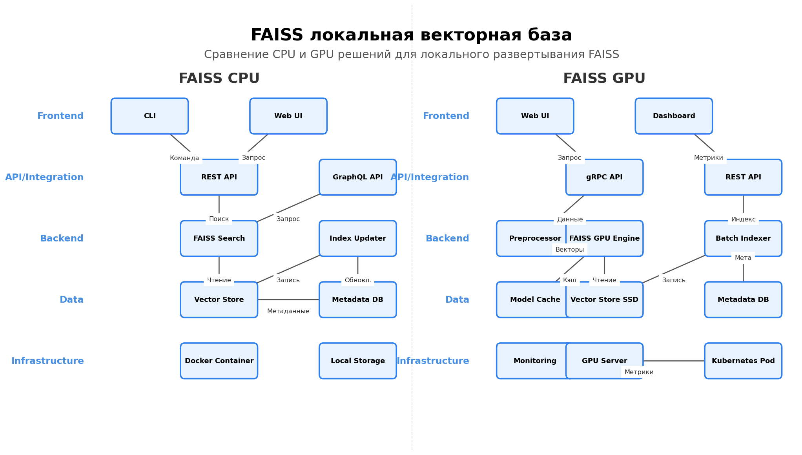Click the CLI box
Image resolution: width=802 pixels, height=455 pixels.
point(149,116)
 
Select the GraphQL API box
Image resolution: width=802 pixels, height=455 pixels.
point(357,177)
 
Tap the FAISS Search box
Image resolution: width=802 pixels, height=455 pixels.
point(219,239)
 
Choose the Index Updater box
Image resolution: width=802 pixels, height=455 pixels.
point(357,239)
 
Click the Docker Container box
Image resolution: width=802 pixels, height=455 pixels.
point(219,361)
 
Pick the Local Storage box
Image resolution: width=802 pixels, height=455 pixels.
point(357,361)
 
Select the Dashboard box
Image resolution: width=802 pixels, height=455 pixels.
point(673,116)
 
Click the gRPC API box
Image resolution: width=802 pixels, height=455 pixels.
point(604,177)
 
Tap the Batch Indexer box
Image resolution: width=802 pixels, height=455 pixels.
point(743,239)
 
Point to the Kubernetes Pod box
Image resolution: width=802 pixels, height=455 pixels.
point(743,361)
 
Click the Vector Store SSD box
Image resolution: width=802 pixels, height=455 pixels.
point(604,300)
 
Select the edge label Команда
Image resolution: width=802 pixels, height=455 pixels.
point(184,158)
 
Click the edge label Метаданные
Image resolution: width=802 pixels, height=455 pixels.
point(288,311)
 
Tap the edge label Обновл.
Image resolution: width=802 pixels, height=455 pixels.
point(357,280)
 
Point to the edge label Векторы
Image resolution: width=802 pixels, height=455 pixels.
point(569,250)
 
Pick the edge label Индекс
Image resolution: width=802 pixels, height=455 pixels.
point(743,219)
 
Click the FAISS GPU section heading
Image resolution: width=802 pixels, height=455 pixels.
point(604,79)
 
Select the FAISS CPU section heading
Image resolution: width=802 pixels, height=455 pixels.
point(219,79)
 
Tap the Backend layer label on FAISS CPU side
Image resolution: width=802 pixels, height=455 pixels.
point(62,239)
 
